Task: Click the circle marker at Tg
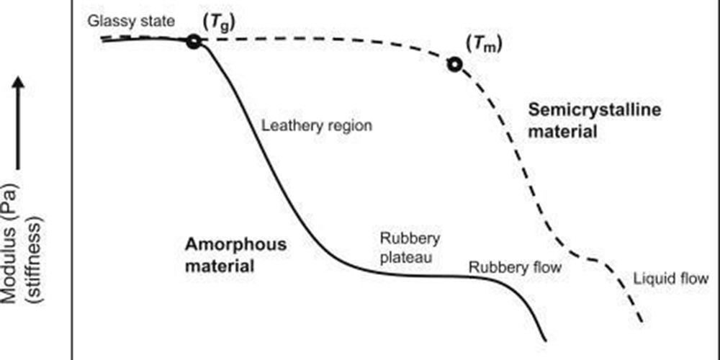coord(193,41)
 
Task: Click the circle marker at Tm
coord(454,65)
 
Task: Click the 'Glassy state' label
coord(131,19)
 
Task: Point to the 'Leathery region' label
coord(317,125)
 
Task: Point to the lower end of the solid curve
coord(545,339)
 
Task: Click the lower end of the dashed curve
coord(640,320)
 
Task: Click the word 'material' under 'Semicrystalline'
coord(562,132)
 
